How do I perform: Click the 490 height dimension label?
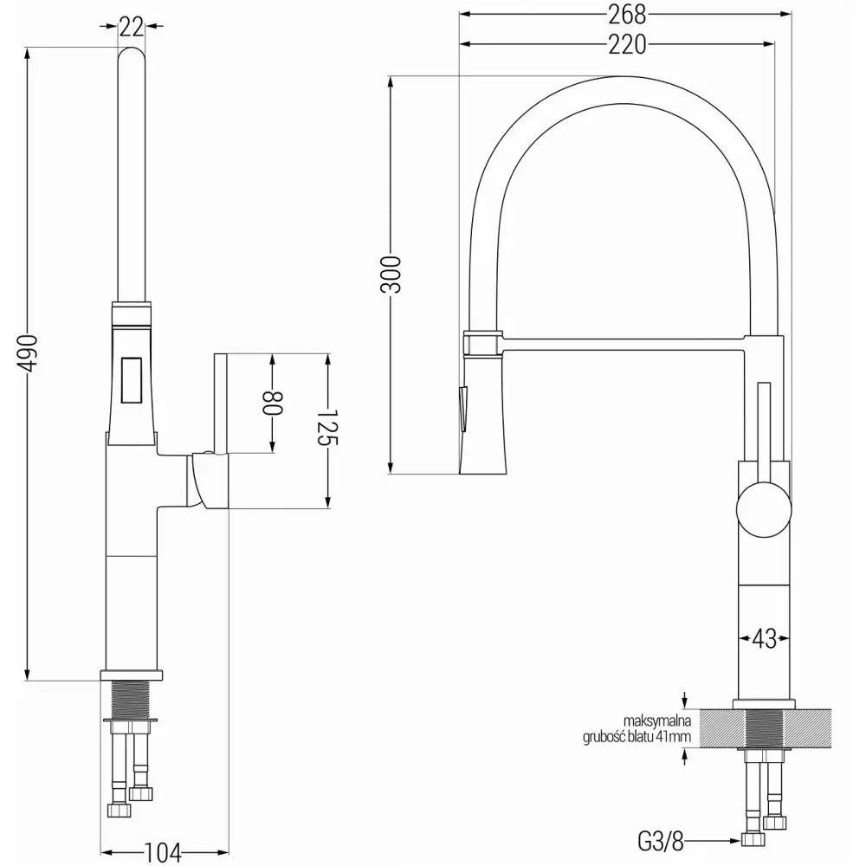click(x=29, y=353)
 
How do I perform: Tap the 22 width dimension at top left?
click(x=131, y=27)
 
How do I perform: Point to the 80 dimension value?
click(x=274, y=403)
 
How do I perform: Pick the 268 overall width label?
click(x=626, y=14)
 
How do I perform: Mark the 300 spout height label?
click(x=391, y=275)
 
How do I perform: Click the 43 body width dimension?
click(x=763, y=639)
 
